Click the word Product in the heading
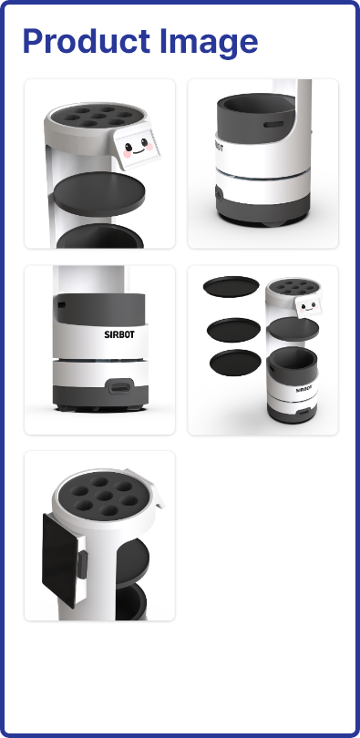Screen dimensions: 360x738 (86, 41)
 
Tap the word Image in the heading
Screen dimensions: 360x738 (209, 43)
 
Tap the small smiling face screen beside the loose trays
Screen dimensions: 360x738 (309, 306)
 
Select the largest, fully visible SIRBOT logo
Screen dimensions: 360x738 (119, 334)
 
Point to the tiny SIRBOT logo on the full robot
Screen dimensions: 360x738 (304, 389)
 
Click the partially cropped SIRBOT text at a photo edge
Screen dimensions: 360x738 (220, 147)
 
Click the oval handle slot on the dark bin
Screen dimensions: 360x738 (273, 125)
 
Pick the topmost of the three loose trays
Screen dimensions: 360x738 (231, 287)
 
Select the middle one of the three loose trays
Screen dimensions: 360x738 (233, 330)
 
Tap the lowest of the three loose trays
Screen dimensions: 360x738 (235, 363)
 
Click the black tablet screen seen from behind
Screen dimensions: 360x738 (60, 560)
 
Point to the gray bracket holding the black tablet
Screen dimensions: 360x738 (82, 564)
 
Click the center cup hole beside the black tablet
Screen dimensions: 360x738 (104, 496)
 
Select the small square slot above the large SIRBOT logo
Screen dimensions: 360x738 (62, 305)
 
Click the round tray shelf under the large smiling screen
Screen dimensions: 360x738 (98, 193)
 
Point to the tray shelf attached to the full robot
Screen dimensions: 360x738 (293, 329)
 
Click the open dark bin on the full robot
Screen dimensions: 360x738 (293, 359)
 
